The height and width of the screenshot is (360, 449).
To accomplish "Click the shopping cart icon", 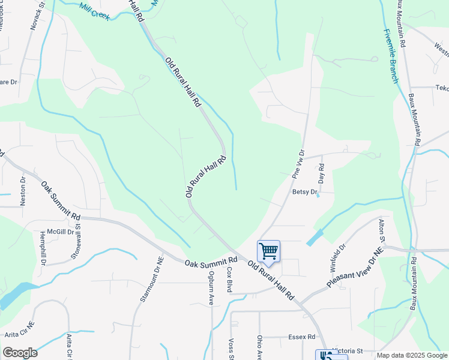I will coord(268,251).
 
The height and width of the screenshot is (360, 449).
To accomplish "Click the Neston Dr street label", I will coord(23,191).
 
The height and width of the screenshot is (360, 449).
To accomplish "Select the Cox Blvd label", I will coord(229,280).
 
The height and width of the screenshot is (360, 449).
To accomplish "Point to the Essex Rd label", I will coord(301,337).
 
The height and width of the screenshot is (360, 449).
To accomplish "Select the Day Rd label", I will coord(321,173).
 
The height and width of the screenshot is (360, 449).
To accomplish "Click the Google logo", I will coord(20,353).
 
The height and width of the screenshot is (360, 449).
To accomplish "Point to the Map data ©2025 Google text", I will coord(411,355).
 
